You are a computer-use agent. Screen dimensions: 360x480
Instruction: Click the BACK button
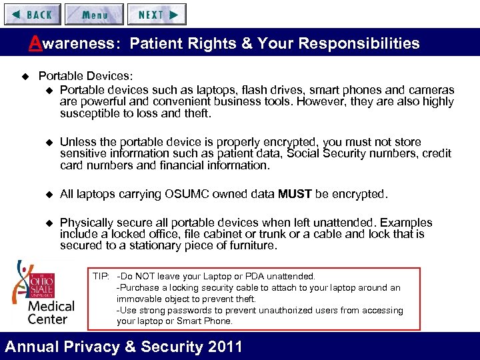(32, 15)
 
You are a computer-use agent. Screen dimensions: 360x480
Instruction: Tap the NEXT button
(157, 15)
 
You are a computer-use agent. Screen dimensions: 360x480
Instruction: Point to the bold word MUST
(295, 194)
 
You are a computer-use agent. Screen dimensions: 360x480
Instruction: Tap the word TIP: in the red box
(101, 276)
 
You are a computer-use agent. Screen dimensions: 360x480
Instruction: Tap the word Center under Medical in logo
(48, 318)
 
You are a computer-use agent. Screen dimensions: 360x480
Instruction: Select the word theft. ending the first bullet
(197, 113)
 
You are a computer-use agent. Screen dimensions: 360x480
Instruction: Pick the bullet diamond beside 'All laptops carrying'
(48, 195)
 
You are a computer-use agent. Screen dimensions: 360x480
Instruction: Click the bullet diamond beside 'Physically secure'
(48, 223)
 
